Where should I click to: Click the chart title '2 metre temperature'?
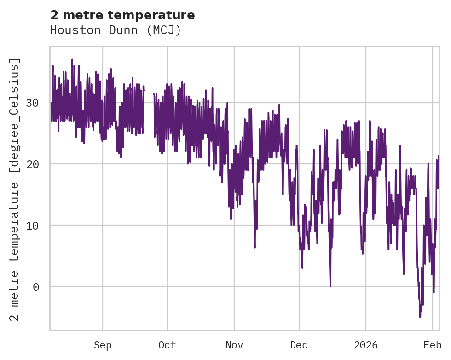click(x=122, y=15)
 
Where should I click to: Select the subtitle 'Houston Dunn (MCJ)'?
click(x=116, y=30)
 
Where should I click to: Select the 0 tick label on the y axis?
click(x=35, y=286)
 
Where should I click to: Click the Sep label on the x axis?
click(x=103, y=345)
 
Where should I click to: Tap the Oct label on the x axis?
click(x=167, y=345)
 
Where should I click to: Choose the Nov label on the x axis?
click(x=234, y=345)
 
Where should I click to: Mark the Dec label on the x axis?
click(x=299, y=345)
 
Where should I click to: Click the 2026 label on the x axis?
click(x=365, y=345)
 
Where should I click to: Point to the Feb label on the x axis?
click(x=433, y=345)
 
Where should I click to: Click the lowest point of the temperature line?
click(x=420, y=317)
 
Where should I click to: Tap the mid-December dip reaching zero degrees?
click(x=330, y=286)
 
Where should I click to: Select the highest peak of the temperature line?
click(x=72, y=60)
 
